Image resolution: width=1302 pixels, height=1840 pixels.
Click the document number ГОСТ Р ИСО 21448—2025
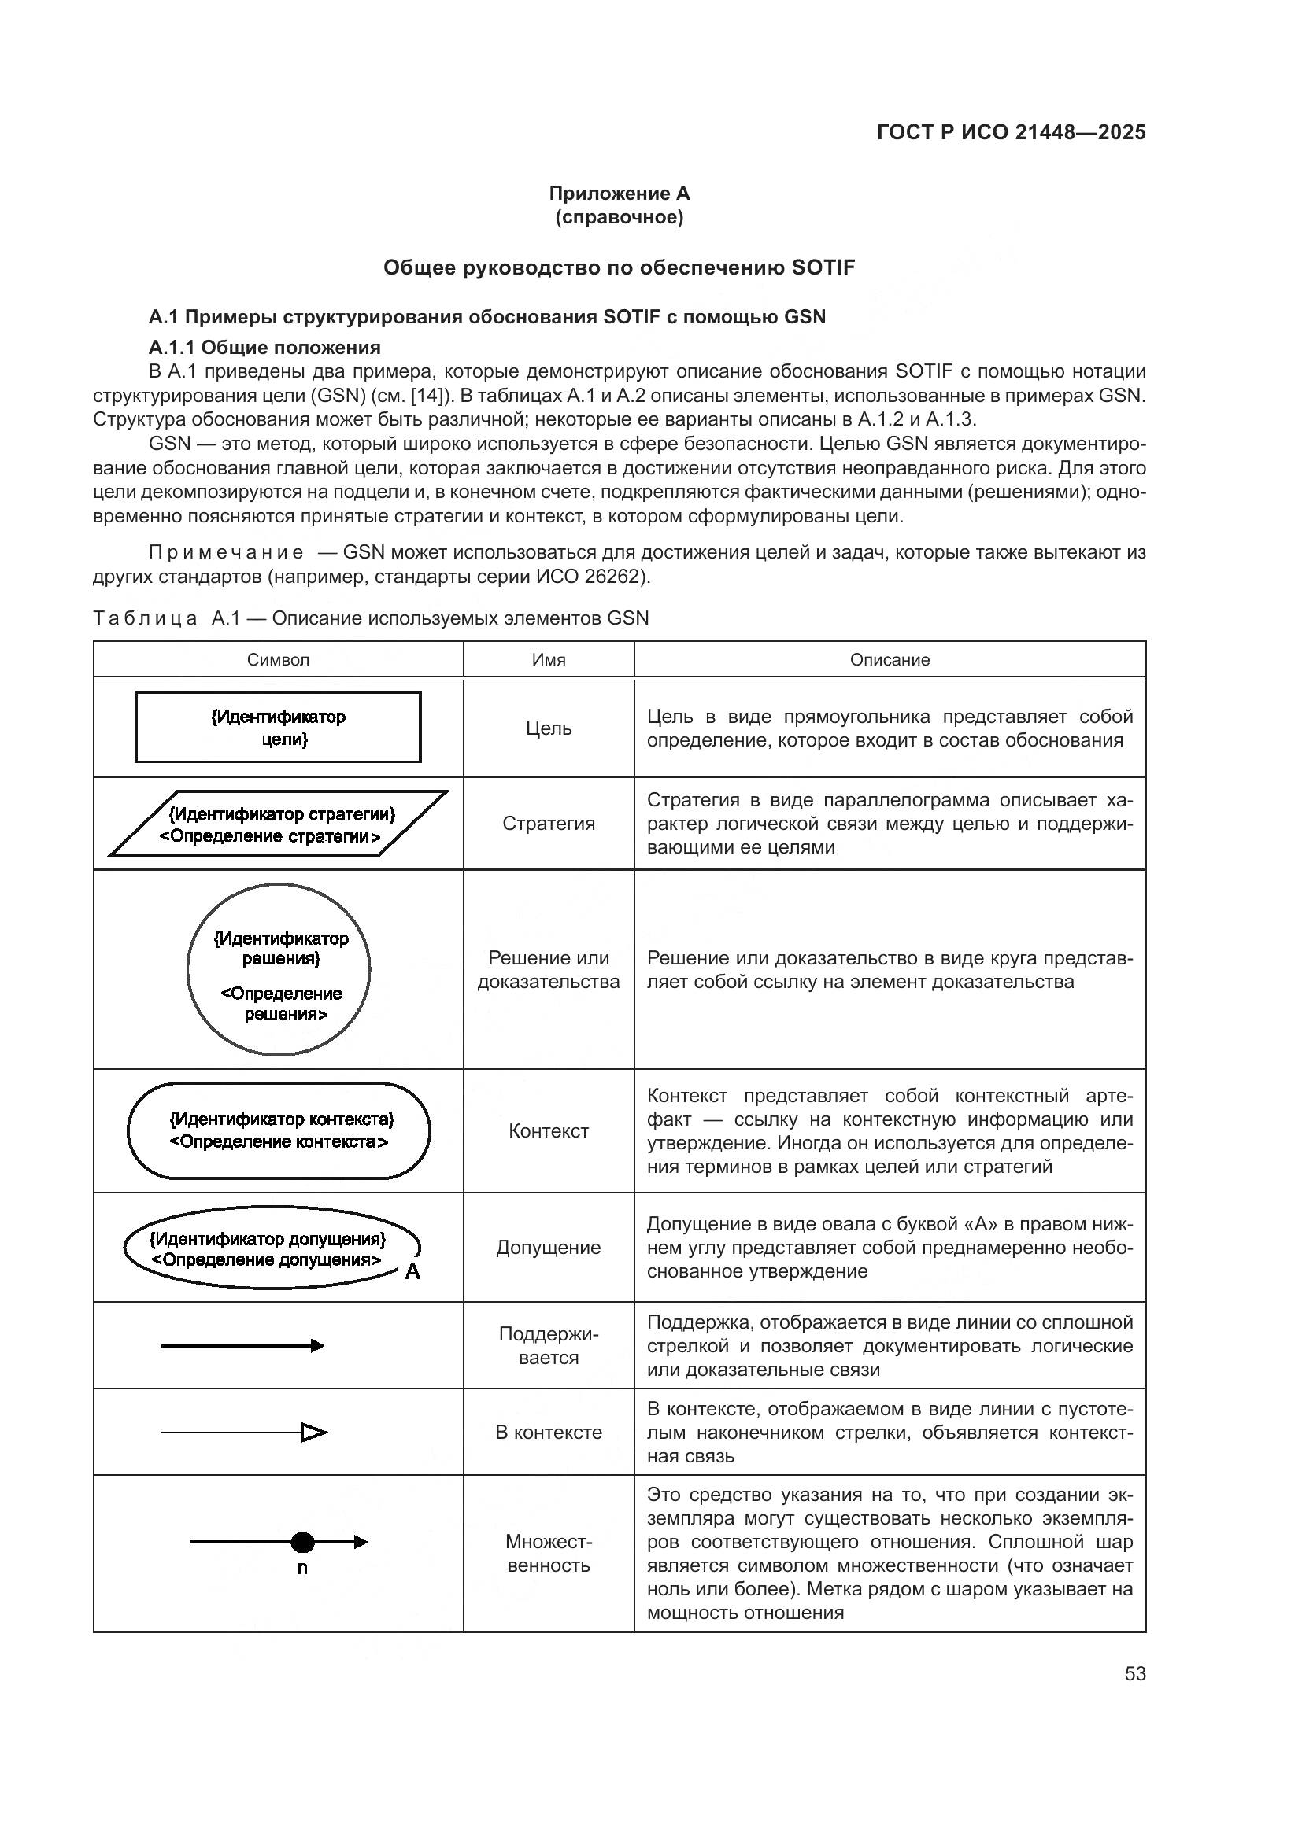click(x=1011, y=132)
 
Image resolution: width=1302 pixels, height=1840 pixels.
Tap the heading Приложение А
click(x=619, y=194)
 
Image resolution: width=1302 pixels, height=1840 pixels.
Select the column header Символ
click(x=277, y=659)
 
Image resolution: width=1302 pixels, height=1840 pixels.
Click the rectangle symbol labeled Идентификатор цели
click(x=278, y=727)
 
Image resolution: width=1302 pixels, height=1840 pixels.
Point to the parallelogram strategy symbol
click(x=278, y=824)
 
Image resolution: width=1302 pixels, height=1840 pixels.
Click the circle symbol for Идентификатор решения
click(x=278, y=969)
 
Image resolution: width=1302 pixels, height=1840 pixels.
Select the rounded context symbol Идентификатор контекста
click(x=278, y=1130)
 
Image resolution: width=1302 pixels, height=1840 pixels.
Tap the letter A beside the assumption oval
click(x=412, y=1272)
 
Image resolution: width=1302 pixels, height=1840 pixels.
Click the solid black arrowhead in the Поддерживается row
click(x=317, y=1345)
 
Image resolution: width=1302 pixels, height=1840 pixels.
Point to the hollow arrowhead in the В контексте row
click(x=313, y=1432)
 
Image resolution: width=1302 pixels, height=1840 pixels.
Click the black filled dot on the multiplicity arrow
click(x=302, y=1542)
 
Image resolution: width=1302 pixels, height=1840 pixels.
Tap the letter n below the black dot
click(x=302, y=1569)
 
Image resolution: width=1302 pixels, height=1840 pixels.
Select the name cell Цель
click(x=549, y=728)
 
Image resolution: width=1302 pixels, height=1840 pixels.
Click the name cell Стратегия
click(x=549, y=824)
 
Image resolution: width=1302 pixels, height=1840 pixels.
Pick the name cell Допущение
click(x=549, y=1248)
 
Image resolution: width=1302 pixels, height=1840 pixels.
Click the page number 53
click(x=1134, y=1673)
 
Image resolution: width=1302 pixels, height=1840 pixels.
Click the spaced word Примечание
click(x=226, y=552)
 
